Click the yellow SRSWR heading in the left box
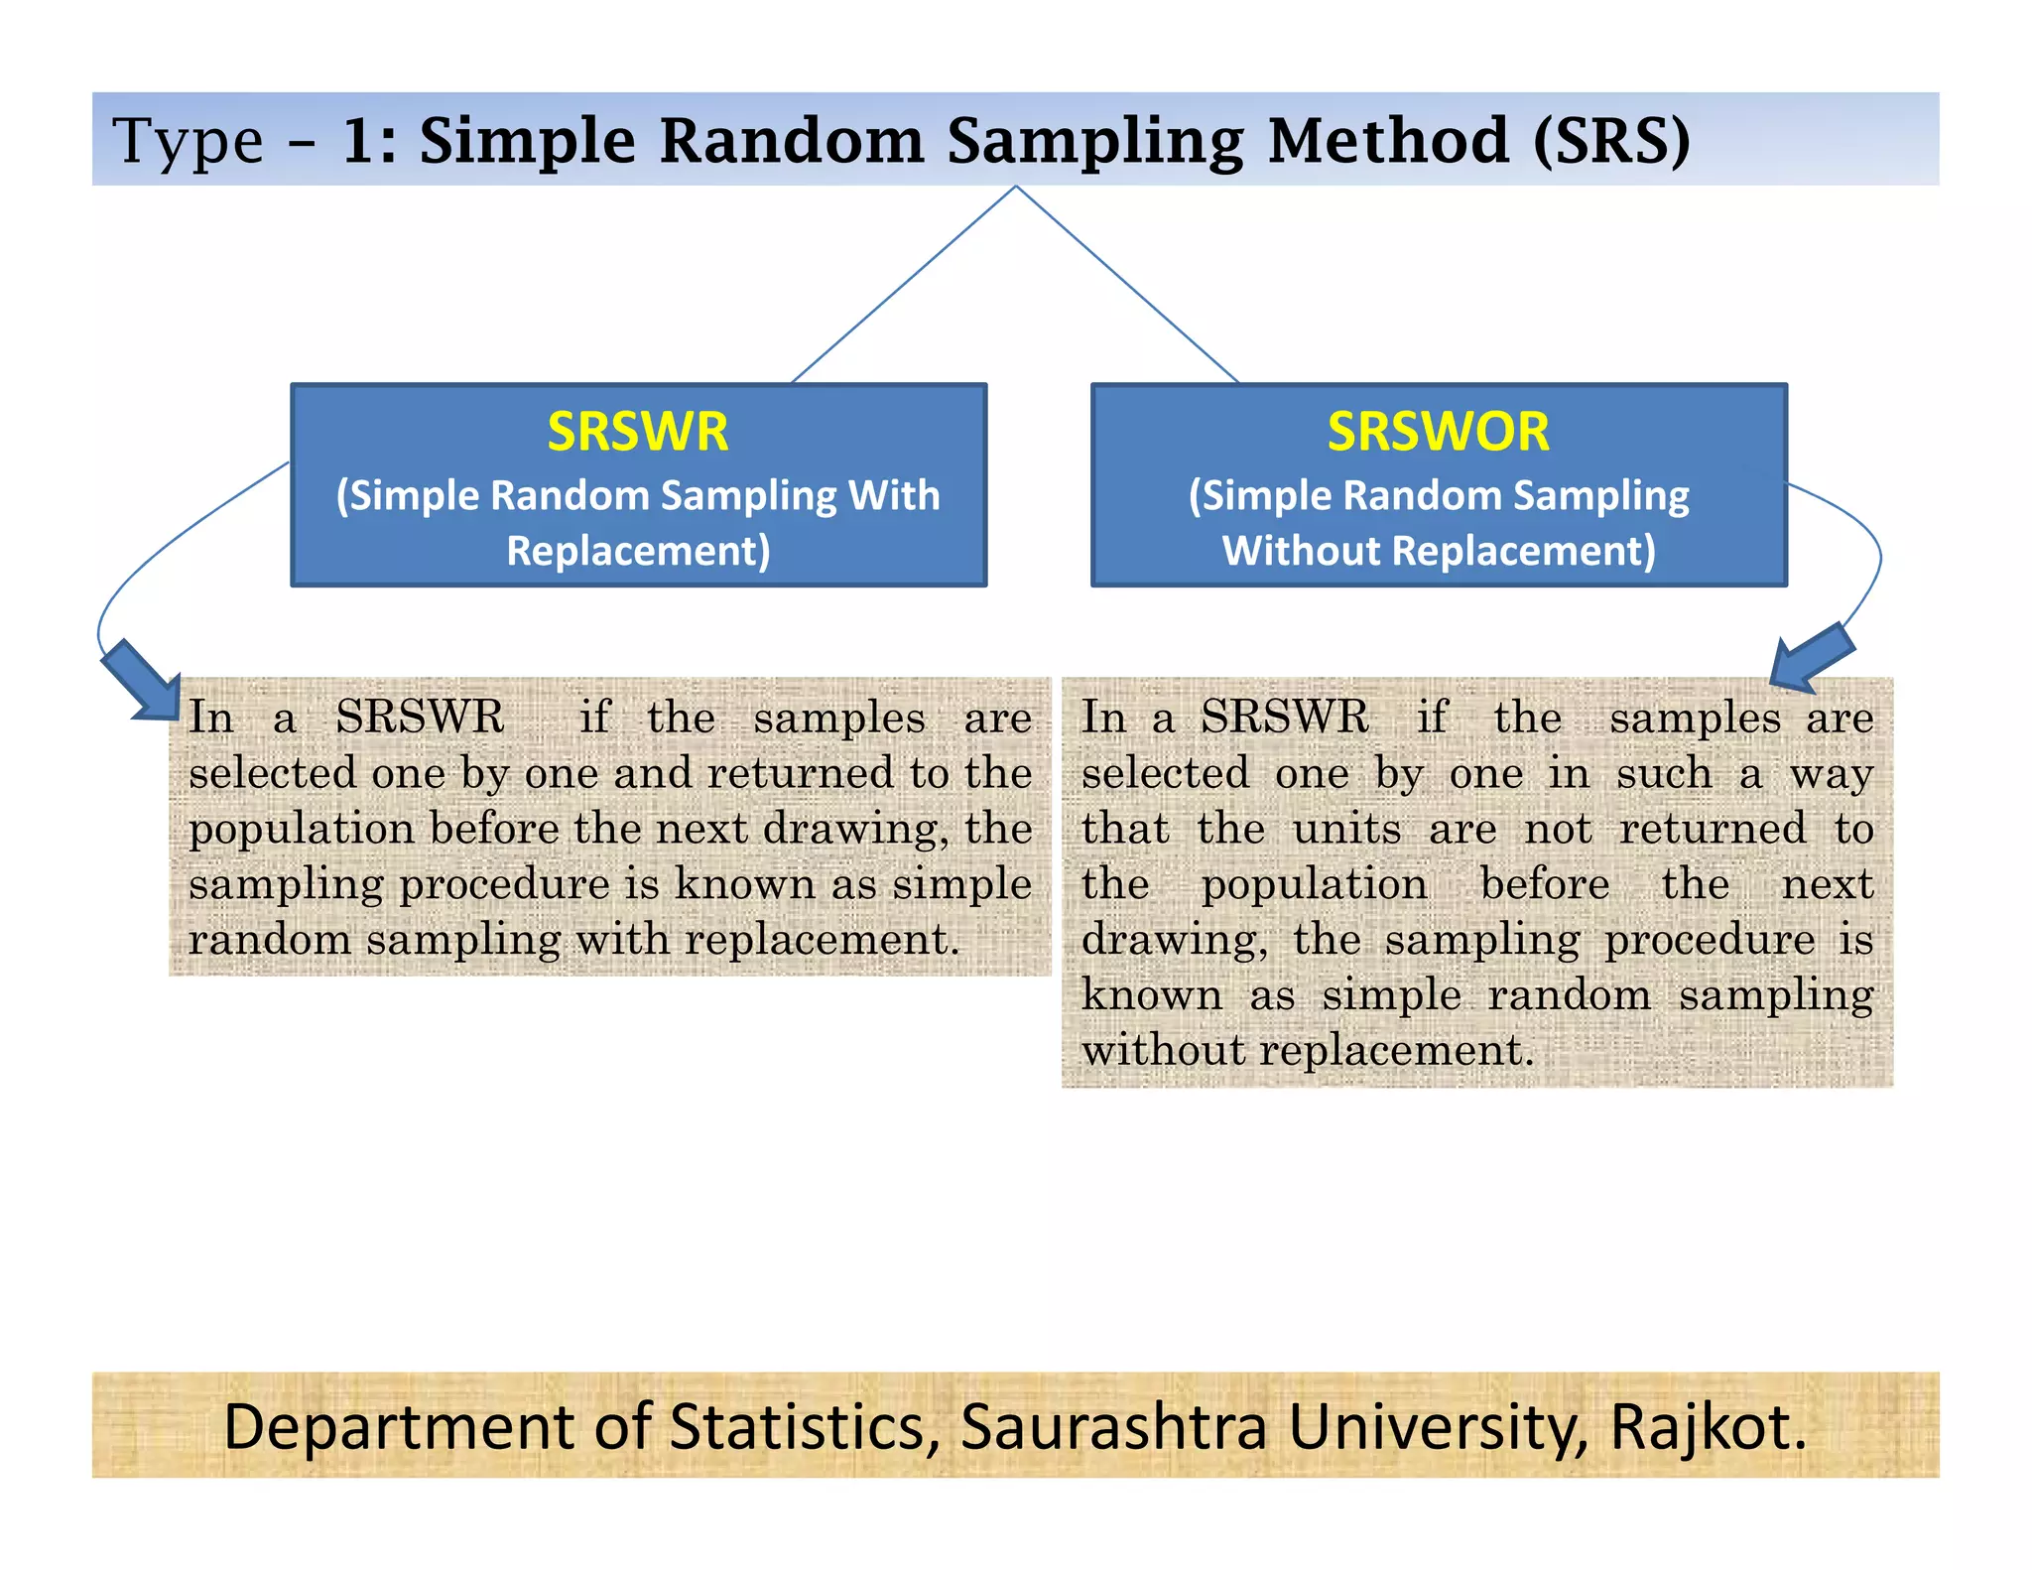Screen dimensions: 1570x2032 [x=637, y=432]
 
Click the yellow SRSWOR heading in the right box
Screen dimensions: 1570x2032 [x=1438, y=432]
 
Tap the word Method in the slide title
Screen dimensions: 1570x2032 [x=1389, y=140]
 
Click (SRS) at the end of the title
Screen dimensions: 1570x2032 [x=1611, y=140]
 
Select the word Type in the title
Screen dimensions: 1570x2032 [x=188, y=140]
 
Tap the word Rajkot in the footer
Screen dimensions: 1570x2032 [x=1707, y=1427]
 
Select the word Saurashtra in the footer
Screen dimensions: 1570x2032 [x=1113, y=1427]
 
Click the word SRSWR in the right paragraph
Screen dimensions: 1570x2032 [x=1284, y=717]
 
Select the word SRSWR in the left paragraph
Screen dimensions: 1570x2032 [x=420, y=717]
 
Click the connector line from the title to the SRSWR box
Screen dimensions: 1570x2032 [x=903, y=285]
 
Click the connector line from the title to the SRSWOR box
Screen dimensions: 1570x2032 [x=1128, y=285]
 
